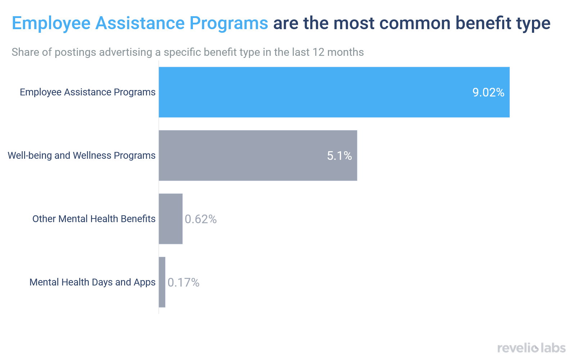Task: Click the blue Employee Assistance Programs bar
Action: (x=334, y=92)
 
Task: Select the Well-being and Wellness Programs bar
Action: (x=258, y=156)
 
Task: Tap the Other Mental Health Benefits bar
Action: (x=171, y=219)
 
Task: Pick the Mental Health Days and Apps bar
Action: (x=162, y=282)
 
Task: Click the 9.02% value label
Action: (x=488, y=93)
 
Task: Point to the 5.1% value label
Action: (x=339, y=156)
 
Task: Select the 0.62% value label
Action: (x=200, y=219)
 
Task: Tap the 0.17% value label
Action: (x=184, y=283)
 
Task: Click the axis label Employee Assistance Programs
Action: (x=87, y=92)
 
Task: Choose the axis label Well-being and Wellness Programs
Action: (x=82, y=156)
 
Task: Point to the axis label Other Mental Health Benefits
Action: (x=94, y=219)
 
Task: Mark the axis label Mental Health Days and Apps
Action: (x=93, y=282)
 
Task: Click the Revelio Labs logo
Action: (x=531, y=348)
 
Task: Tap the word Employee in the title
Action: (x=51, y=24)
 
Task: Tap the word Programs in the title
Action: (x=229, y=24)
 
